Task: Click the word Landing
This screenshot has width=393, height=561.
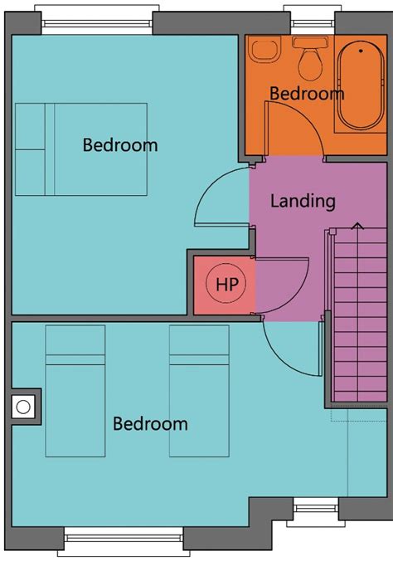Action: pyautogui.click(x=303, y=202)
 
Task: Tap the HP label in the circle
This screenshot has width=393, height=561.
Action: pyautogui.click(x=226, y=285)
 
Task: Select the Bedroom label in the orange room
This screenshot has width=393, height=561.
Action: pyautogui.click(x=307, y=94)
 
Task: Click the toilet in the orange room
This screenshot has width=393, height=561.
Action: pyautogui.click(x=311, y=58)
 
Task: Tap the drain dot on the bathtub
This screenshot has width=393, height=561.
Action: pyautogui.click(x=361, y=51)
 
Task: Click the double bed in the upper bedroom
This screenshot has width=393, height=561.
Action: pyautogui.click(x=81, y=149)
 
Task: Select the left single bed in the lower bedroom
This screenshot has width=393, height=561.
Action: pyautogui.click(x=75, y=391)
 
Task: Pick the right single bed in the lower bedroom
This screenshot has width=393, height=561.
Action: pyautogui.click(x=199, y=391)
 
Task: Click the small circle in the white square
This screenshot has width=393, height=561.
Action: pyautogui.click(x=23, y=407)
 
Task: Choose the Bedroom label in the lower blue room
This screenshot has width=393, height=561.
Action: pyautogui.click(x=150, y=424)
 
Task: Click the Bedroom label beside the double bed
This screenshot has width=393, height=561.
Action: pyautogui.click(x=119, y=145)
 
